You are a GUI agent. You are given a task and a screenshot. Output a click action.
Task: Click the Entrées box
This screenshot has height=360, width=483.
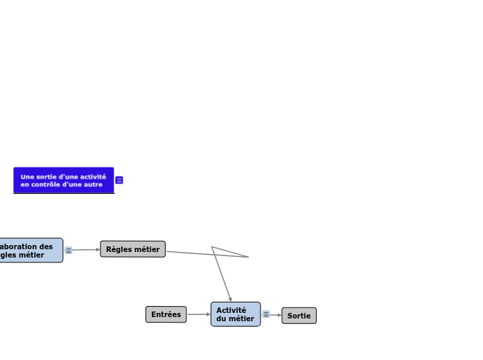pos(166,314)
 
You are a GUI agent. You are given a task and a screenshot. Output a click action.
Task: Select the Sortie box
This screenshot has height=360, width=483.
pos(299,316)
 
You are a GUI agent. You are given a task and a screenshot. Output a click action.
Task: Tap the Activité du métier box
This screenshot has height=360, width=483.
pos(236,314)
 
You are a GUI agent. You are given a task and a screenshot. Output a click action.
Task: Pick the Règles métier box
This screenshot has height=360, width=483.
pos(132,249)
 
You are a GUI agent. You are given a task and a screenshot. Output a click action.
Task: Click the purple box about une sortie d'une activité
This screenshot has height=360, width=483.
pos(63,180)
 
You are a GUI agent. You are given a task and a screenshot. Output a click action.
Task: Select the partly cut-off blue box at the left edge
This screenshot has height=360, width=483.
pos(30,250)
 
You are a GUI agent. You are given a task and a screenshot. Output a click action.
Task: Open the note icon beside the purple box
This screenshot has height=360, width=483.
pos(119,180)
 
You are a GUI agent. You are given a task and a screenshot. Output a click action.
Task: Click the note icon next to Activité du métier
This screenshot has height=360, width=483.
pos(266,314)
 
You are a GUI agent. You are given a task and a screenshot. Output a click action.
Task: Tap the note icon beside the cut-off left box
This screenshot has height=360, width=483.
pos(69,250)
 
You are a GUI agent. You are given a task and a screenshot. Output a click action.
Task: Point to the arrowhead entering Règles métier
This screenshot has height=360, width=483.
pos(98,249)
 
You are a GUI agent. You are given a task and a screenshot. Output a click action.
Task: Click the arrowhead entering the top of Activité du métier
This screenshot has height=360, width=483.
pos(230,299)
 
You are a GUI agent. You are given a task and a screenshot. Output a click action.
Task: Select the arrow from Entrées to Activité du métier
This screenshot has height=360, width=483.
pos(198,314)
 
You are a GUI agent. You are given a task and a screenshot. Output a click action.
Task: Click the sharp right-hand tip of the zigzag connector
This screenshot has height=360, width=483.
pos(247,257)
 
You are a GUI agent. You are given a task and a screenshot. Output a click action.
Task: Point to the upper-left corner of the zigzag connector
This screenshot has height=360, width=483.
pos(212,247)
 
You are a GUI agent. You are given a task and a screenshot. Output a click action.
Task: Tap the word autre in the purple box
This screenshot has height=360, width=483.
pos(92,184)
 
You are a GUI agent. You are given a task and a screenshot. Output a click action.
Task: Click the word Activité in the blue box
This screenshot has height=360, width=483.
pos(231,310)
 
